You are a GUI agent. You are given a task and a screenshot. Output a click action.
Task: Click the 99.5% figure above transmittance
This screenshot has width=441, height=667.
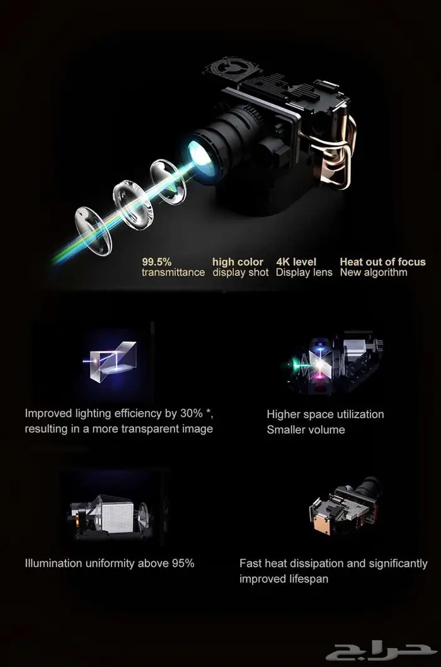pos(157,261)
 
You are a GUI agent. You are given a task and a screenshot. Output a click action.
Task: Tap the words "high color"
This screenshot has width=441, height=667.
pos(238,262)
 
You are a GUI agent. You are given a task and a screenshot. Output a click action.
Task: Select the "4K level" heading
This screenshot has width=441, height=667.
pos(296,261)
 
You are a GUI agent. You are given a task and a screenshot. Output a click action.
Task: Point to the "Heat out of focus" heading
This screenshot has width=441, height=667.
pos(382,261)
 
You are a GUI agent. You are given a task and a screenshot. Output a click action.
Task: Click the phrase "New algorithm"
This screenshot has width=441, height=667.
pos(374,272)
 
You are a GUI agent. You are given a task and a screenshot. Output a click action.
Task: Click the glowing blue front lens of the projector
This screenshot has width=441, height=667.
pos(202,159)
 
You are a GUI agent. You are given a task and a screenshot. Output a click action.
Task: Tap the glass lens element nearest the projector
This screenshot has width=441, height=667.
pos(168,181)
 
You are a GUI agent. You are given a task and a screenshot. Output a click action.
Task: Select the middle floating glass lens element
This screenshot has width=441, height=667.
pos(132,205)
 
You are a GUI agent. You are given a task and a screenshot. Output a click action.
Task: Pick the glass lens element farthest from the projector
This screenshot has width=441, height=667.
pos(93,231)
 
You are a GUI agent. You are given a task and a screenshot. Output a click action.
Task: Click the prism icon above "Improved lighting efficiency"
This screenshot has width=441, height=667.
pos(110,361)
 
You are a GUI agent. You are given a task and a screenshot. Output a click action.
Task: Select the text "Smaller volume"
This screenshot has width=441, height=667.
pos(306,430)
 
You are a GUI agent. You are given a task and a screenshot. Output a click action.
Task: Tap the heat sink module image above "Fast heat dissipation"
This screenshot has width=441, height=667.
pos(345,506)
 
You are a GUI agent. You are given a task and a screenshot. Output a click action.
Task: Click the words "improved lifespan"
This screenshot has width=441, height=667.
pos(283,579)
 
